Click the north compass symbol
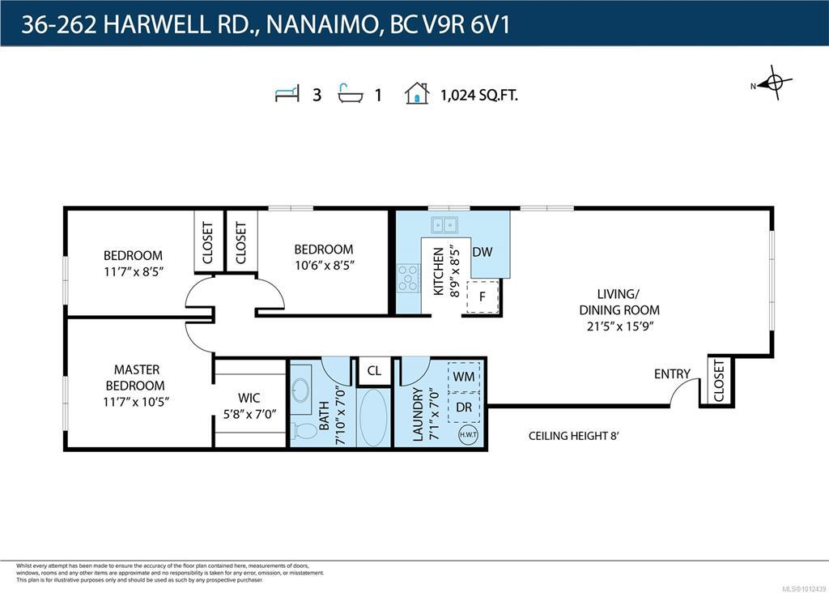coord(773,83)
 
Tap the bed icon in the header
coord(287,94)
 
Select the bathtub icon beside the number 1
coord(351,94)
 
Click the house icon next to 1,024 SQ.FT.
coord(417,93)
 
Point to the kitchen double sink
coord(444,225)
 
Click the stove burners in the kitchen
coord(408,278)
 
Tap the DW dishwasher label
coord(483,252)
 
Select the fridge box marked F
coord(483,296)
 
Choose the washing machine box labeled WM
coord(464,377)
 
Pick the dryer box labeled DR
coord(464,407)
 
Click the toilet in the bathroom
coord(304,431)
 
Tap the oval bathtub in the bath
coord(373,418)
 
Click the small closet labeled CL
coord(374,371)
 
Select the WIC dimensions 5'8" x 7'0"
coord(249,414)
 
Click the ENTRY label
coord(672,374)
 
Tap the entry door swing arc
coord(684,392)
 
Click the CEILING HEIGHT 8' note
coord(574,436)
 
